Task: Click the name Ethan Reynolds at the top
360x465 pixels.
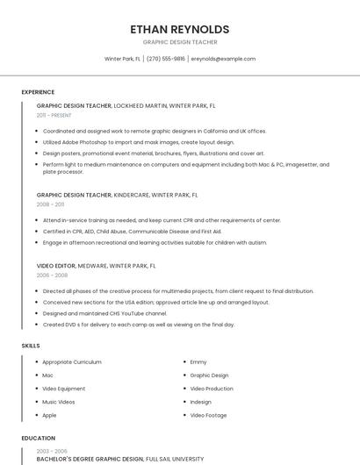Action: pyautogui.click(x=180, y=29)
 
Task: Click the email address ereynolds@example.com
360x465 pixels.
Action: pyautogui.click(x=223, y=59)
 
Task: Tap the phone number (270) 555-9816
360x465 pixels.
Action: pyautogui.click(x=166, y=59)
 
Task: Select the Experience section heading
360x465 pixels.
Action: pyautogui.click(x=38, y=92)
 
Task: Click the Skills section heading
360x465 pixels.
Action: pyautogui.click(x=31, y=346)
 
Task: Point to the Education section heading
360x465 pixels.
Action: pyautogui.click(x=39, y=438)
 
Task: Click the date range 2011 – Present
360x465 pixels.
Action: pyautogui.click(x=54, y=115)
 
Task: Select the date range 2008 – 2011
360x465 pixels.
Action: pyautogui.click(x=50, y=204)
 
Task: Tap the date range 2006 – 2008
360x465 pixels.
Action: pyautogui.click(x=51, y=275)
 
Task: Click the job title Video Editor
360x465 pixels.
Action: pyautogui.click(x=56, y=265)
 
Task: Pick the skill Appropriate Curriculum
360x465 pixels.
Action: pyautogui.click(x=72, y=362)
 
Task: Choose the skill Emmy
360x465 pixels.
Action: pyautogui.click(x=198, y=362)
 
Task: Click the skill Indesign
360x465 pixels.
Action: pyautogui.click(x=202, y=402)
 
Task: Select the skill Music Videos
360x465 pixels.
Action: pyautogui.click(x=59, y=402)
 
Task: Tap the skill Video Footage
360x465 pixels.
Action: pyautogui.click(x=209, y=415)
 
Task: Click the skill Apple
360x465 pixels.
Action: pyautogui.click(x=49, y=415)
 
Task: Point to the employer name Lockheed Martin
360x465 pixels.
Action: pyautogui.click(x=141, y=105)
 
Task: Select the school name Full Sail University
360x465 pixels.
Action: pyautogui.click(x=175, y=458)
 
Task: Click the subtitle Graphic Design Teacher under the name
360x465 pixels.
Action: pyautogui.click(x=180, y=42)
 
